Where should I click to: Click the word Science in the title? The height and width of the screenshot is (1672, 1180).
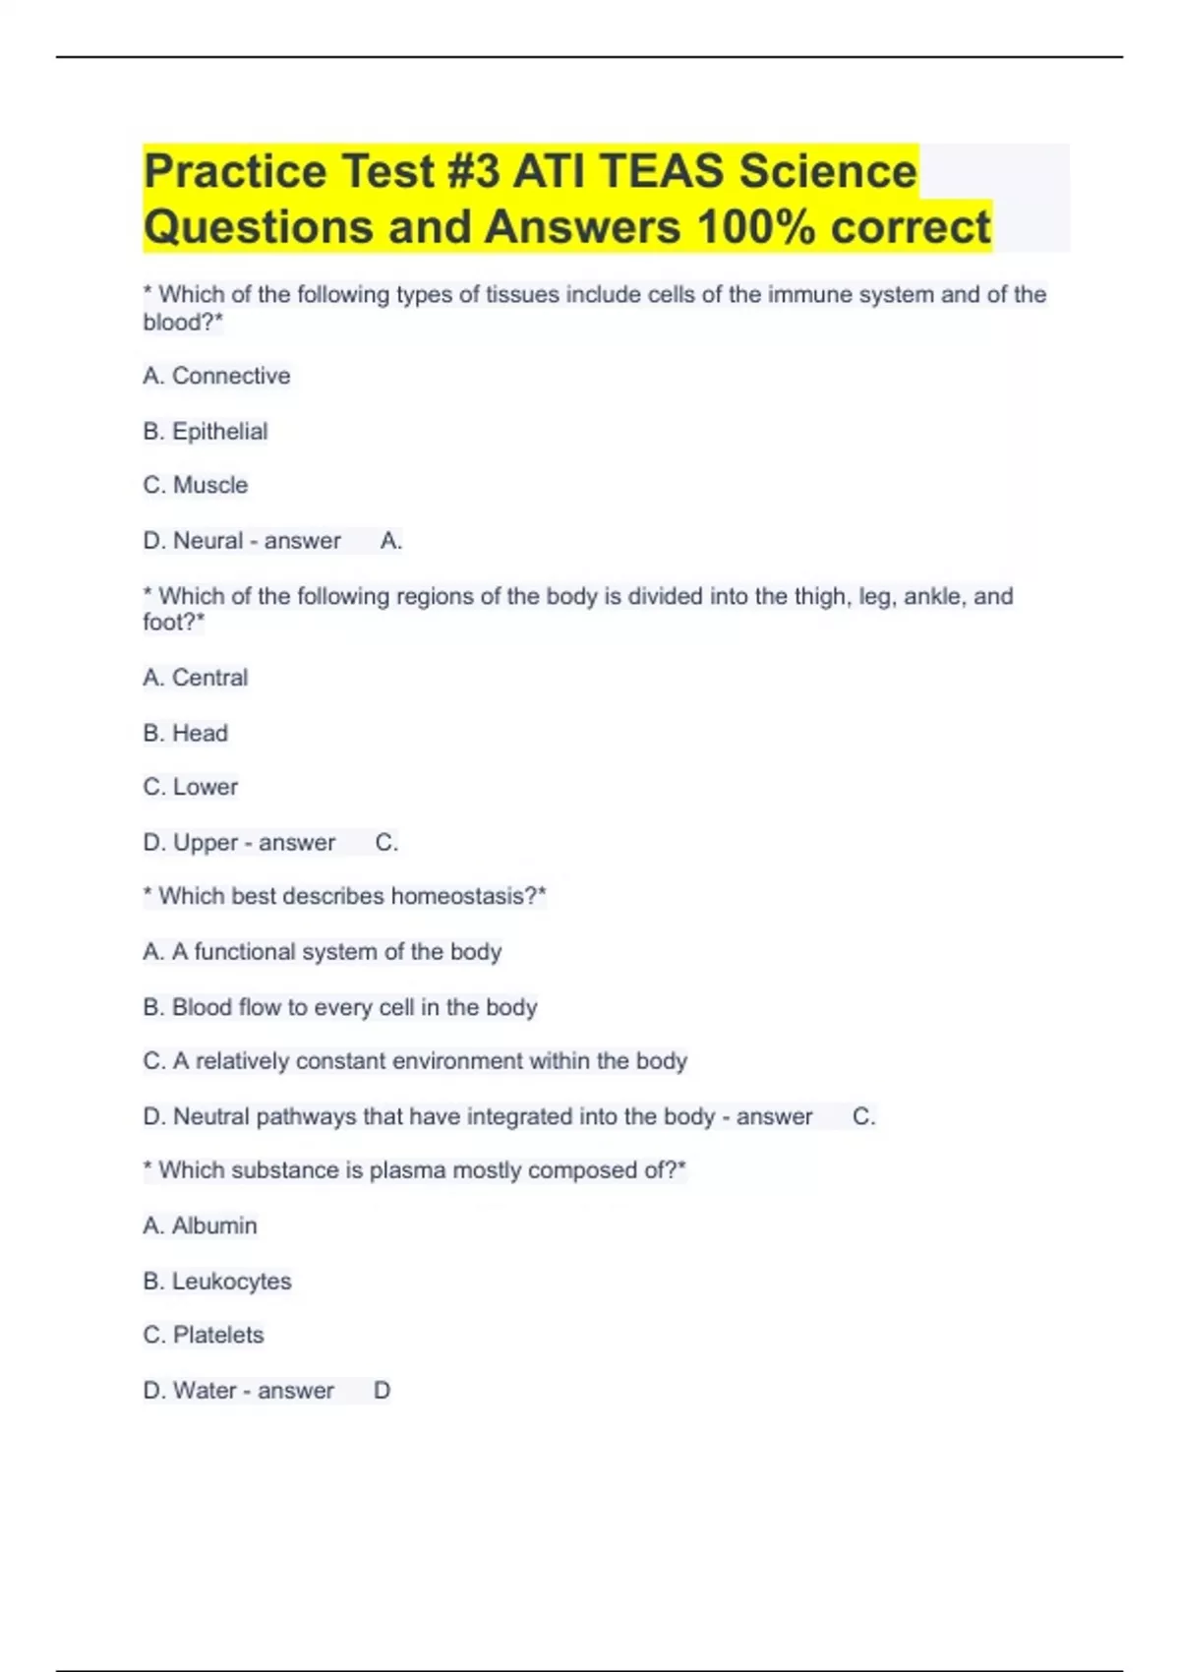[x=828, y=171]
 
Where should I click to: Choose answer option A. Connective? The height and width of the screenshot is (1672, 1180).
[x=216, y=376]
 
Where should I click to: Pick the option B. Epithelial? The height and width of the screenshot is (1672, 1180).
[x=206, y=431]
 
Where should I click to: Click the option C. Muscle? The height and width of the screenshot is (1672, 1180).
[x=196, y=485]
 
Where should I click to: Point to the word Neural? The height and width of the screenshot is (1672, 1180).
[x=207, y=540]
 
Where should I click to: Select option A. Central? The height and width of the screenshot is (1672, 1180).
[x=196, y=678]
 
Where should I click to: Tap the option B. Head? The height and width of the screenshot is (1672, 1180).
[x=186, y=733]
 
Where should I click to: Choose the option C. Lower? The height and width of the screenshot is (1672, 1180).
[x=191, y=787]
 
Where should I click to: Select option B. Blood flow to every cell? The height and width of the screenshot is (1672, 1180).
[x=340, y=1007]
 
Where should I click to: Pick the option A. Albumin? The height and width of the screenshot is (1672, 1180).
[x=201, y=1225]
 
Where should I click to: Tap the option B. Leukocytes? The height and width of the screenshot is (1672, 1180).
[x=217, y=1281]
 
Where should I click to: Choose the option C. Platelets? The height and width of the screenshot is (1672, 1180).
[x=204, y=1335]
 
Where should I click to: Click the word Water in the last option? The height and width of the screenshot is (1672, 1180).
[x=205, y=1391]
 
